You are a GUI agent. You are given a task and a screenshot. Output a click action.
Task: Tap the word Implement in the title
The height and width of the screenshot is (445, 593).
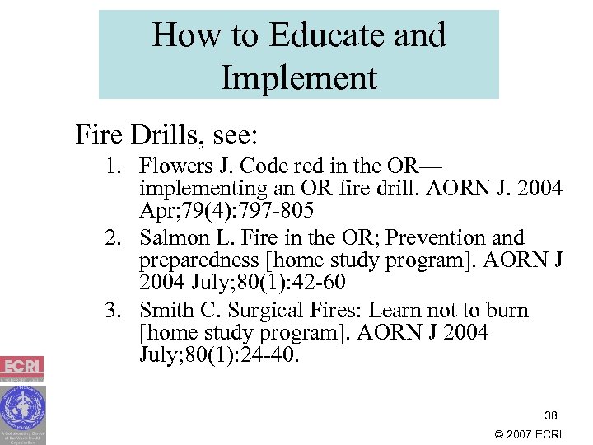click(299, 78)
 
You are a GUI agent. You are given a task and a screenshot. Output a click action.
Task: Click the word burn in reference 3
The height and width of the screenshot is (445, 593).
click(507, 311)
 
